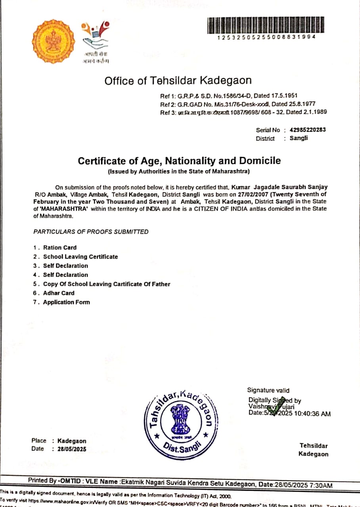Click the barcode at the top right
coord(266,25)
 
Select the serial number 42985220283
coord(308,130)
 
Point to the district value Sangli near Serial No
coord(299,138)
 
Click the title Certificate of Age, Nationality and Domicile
coord(179,161)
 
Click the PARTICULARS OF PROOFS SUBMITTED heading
coord(91,232)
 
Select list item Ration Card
coord(60,248)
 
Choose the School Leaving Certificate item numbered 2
coord(80,257)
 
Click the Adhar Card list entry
coord(59,293)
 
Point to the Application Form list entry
coord(67,302)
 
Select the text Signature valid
coord(268,390)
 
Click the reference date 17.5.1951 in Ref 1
coord(285,96)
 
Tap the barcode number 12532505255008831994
coord(266,37)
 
